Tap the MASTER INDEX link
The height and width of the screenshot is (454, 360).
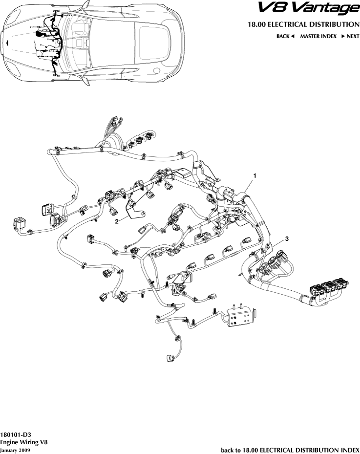(318, 36)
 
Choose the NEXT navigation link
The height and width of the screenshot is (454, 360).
(350, 36)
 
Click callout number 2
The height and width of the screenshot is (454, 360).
(117, 221)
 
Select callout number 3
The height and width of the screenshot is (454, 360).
(287, 238)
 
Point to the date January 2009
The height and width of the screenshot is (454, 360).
(16, 450)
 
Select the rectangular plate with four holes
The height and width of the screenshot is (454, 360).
(239, 320)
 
